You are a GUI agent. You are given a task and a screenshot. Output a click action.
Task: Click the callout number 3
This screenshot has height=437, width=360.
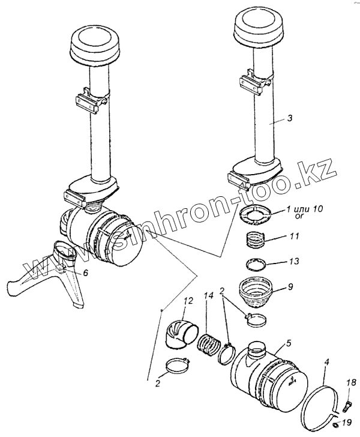(x=289, y=119)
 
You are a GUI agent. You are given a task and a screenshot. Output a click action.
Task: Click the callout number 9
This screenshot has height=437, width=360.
(x=290, y=286)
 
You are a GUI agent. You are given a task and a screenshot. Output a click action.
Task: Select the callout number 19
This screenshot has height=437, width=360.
(x=353, y=423)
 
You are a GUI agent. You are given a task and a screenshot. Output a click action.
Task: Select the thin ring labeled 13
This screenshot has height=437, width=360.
(x=257, y=264)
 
